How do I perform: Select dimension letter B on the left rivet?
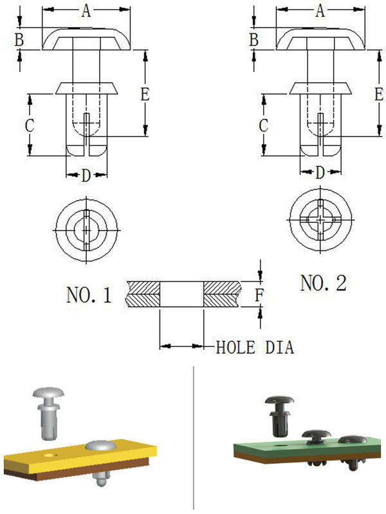pos(19,40)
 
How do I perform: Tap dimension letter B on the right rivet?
pos(254,40)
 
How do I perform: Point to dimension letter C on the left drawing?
pos(29,125)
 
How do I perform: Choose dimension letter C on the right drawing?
pos(263,125)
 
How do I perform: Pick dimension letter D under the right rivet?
pos(320,173)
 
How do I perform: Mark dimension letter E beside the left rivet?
pos(145,94)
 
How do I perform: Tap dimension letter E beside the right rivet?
pos(379,94)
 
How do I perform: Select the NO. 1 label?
pos(89,296)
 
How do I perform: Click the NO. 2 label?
pos(323,282)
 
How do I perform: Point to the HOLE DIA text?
pos(255,348)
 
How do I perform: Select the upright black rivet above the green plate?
pos(279,415)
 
